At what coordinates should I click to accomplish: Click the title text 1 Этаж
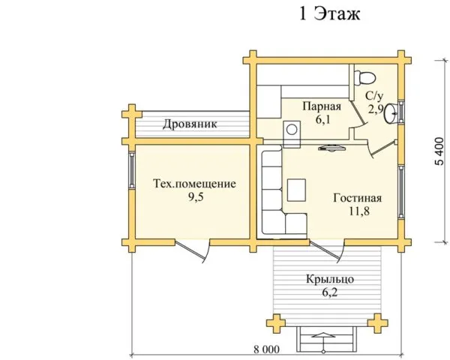tap(329, 13)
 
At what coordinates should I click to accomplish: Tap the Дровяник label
tap(190, 124)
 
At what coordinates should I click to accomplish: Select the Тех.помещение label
tap(194, 184)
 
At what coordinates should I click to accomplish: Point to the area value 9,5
tap(196, 197)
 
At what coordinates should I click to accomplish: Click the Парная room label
tap(322, 106)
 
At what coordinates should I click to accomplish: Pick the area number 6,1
tap(323, 119)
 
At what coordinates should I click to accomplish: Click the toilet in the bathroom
tap(364, 77)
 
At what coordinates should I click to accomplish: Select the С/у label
tap(374, 96)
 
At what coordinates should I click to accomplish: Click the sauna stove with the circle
tap(292, 134)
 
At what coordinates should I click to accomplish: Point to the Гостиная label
tap(357, 198)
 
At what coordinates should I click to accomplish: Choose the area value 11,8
tap(359, 211)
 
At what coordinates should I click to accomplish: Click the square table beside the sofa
tap(296, 190)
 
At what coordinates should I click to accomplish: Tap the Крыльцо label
tap(330, 279)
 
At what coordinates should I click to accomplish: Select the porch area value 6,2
tap(329, 292)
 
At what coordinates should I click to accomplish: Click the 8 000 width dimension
tap(266, 349)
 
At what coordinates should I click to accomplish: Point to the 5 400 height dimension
tap(439, 151)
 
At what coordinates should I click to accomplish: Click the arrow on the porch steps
tap(323, 342)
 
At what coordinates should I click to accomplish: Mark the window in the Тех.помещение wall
tap(132, 169)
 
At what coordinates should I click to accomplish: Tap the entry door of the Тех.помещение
tap(192, 252)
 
